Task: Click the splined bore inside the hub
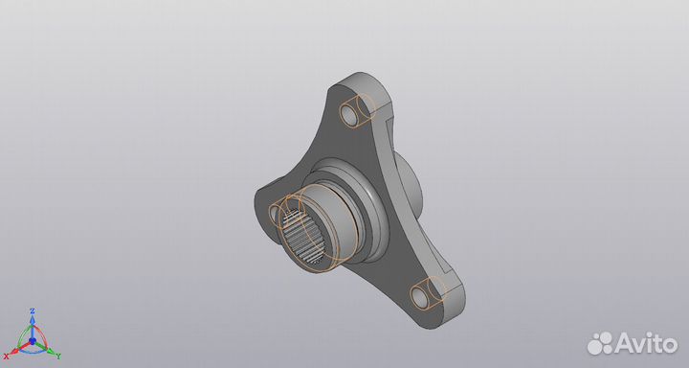(x=303, y=240)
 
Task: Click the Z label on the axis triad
(x=33, y=311)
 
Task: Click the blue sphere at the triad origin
(x=33, y=339)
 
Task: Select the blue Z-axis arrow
(x=33, y=325)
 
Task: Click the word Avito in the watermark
(x=645, y=340)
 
